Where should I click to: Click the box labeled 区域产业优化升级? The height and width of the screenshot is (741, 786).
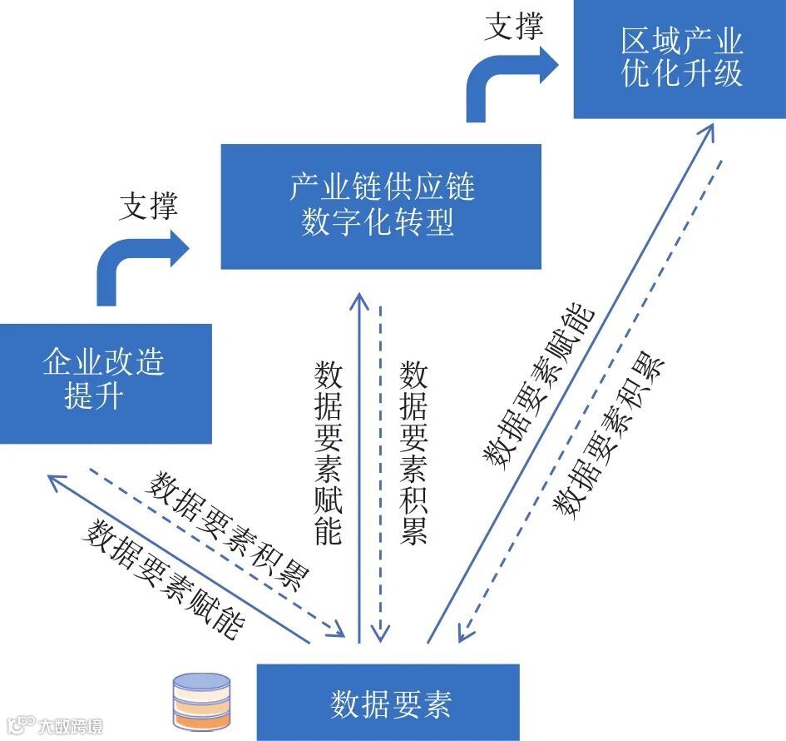click(x=680, y=59)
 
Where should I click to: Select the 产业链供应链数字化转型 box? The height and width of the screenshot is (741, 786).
click(x=380, y=206)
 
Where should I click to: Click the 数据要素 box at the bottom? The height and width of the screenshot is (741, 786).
click(x=388, y=702)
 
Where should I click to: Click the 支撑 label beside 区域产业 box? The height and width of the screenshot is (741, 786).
click(x=513, y=27)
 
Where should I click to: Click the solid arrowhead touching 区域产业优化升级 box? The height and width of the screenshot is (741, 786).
click(x=708, y=129)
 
